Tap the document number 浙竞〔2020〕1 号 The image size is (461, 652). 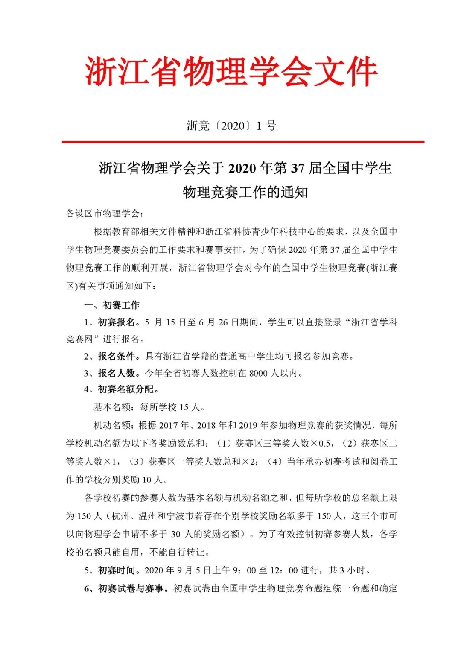tap(231, 126)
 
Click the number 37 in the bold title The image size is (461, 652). tap(298, 168)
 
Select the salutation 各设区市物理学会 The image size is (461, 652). tap(102, 213)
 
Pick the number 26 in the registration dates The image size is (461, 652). tap(223, 322)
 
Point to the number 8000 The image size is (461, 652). tap(258, 373)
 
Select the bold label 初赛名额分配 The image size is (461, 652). tap(127, 389)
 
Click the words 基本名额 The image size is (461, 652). tap(112, 407)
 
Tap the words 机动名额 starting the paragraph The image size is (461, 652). tap(112, 425)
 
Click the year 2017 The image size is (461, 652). tap(169, 425)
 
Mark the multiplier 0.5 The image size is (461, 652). tap(324, 444)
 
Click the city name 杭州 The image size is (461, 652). tap(120, 516)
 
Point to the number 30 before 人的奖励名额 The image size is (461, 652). tap(175, 534)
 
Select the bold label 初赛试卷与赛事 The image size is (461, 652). tap(131, 588)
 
